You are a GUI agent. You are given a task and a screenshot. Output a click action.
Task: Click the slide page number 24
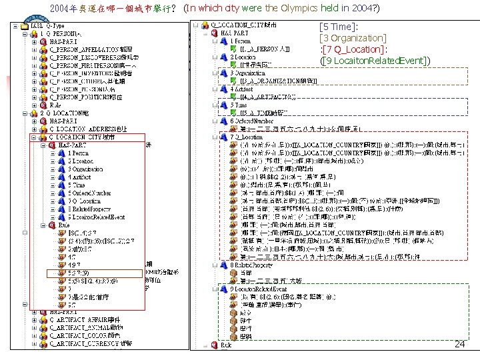point(459,344)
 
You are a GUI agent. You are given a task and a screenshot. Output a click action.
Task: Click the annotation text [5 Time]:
point(339,27)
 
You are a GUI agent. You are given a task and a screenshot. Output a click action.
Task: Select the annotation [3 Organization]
point(353,39)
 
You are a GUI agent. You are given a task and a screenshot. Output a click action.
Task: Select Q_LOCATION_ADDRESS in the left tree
point(91,129)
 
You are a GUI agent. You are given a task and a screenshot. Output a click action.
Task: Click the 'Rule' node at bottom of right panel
point(226,345)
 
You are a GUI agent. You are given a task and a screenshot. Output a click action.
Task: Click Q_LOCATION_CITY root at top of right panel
point(243,25)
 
